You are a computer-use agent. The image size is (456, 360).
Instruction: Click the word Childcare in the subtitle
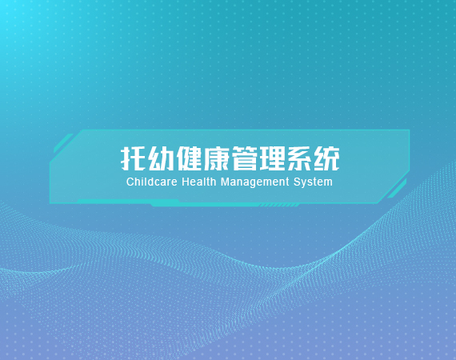pos(152,182)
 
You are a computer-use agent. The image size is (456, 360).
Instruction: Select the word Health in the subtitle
pos(199,182)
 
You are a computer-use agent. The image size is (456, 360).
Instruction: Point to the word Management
pos(255,182)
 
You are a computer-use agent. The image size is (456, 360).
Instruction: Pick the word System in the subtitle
pos(313,182)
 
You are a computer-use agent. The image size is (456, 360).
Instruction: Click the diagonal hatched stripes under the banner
pos(279,206)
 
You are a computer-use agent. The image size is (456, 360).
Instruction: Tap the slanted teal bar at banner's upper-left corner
pos(63,143)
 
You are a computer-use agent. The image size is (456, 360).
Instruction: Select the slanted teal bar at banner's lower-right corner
pos(397,189)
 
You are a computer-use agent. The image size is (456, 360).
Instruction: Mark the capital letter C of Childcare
pos(130,182)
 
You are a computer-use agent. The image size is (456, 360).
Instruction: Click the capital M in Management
pos(225,182)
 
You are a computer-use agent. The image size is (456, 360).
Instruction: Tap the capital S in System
pos(297,182)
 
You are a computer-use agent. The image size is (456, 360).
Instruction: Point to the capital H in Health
pos(186,182)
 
